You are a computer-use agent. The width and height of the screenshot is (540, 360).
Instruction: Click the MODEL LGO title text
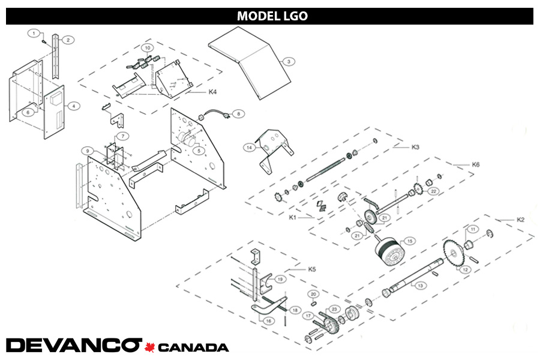[x=272, y=16]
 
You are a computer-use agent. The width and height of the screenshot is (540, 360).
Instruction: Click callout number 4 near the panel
[x=73, y=106]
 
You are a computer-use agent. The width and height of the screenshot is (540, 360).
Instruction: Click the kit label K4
[x=212, y=92]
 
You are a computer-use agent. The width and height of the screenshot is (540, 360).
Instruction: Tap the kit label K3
[x=415, y=146]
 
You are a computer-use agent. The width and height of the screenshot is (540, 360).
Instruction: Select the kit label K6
[x=476, y=164]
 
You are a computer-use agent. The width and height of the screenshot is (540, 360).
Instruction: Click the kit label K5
[x=311, y=269]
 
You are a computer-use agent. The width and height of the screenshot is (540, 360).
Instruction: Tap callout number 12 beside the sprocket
[x=465, y=269]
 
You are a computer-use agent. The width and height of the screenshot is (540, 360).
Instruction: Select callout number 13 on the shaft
[x=421, y=286]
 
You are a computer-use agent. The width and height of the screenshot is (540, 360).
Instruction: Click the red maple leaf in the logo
[x=150, y=346]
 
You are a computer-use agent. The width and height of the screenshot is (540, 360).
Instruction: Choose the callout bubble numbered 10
[x=147, y=47]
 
